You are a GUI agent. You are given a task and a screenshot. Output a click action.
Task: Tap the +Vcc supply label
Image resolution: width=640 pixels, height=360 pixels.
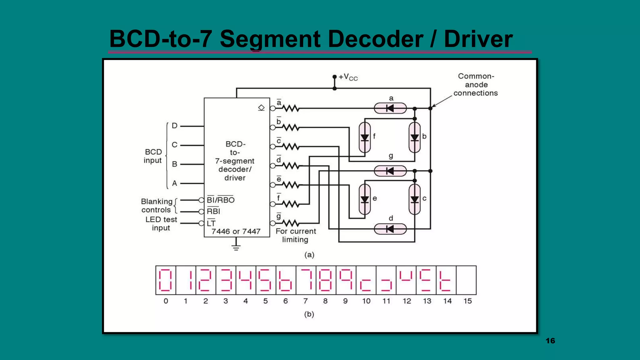point(348,77)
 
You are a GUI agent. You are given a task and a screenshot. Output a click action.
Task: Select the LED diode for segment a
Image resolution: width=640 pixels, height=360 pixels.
point(390,108)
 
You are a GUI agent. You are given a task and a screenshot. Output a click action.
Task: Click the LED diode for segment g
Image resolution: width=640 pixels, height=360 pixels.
point(390,171)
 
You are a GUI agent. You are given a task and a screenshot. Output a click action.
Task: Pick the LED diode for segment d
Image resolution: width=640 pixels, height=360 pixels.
point(390,229)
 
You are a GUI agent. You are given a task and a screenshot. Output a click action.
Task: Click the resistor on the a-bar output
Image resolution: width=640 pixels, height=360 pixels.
point(291,108)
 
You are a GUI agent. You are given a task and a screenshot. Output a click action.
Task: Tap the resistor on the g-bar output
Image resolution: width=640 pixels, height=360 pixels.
point(291,223)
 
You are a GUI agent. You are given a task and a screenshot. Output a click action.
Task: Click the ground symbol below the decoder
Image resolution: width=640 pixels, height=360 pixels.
point(236,247)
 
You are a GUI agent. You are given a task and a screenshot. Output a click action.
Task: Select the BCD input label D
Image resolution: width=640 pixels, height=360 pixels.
point(174,126)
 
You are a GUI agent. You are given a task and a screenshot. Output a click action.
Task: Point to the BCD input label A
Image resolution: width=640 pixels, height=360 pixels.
point(174,183)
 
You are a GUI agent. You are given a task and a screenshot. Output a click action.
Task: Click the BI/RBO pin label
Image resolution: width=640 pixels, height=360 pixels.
point(221,200)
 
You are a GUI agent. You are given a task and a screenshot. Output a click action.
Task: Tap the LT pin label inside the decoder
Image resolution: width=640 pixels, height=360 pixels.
point(211,223)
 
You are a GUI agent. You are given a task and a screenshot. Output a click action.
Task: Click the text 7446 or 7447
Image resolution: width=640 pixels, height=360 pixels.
point(236,232)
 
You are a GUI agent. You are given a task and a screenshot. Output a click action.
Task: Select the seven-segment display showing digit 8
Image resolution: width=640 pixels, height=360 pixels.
point(326,280)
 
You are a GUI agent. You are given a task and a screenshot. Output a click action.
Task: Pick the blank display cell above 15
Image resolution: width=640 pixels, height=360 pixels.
point(466,280)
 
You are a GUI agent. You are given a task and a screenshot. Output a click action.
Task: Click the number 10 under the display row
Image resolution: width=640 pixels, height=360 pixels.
point(366,301)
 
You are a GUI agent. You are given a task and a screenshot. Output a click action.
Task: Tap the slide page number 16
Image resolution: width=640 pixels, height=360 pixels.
point(550,341)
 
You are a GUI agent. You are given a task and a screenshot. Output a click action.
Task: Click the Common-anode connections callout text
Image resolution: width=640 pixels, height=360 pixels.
point(476,85)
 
